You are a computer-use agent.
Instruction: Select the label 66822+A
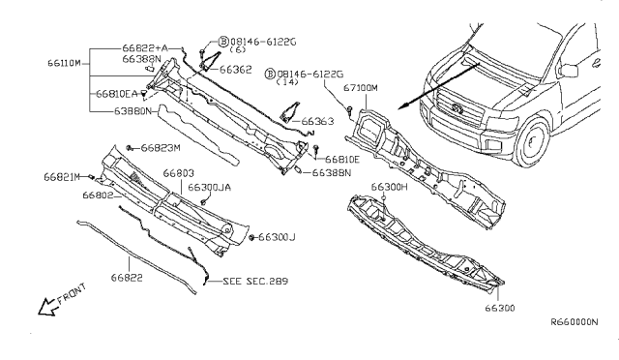coord(144,47)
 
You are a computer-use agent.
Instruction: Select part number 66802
coord(99,195)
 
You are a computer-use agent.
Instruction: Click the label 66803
coord(179,174)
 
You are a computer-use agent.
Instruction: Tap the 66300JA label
coord(210,187)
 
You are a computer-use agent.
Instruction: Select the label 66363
coord(318,122)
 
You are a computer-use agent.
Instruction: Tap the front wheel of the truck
coord(531,147)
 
